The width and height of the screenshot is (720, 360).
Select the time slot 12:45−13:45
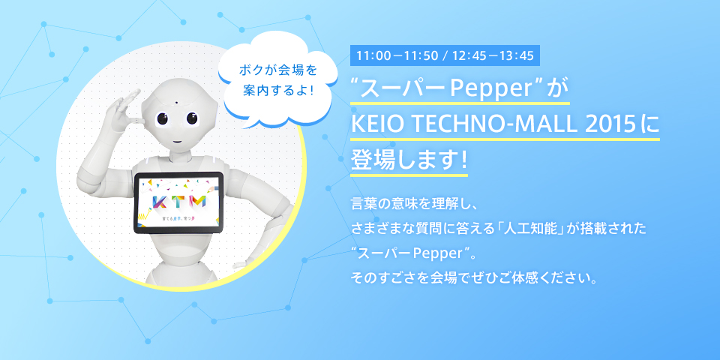pyautogui.click(x=493, y=56)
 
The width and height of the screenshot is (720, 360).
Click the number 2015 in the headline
pyautogui.click(x=610, y=125)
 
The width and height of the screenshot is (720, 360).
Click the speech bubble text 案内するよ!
pyautogui.click(x=277, y=90)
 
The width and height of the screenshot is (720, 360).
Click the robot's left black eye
pyautogui.click(x=163, y=119)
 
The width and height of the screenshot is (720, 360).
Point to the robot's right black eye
pyautogui.click(x=193, y=119)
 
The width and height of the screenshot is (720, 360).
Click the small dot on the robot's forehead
pyautogui.click(x=175, y=102)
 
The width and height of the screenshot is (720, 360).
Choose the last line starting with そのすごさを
pyautogui.click(x=474, y=277)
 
